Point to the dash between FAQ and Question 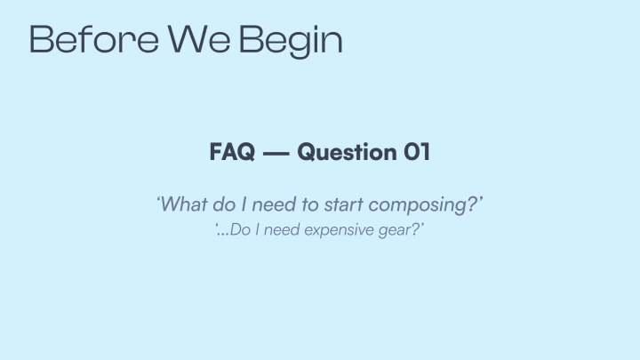pos(276,153)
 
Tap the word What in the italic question pos(185,204)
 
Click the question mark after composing pos(473,204)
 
